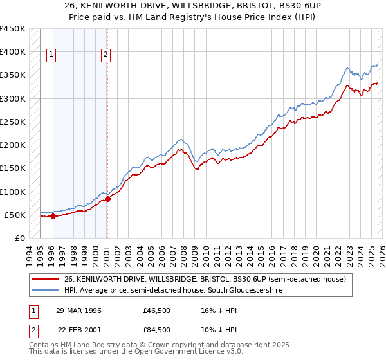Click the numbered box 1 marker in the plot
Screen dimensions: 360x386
point(51,55)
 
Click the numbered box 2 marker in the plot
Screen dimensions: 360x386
point(106,55)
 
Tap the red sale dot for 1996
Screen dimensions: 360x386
point(53,216)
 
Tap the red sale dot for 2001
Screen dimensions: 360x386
point(107,199)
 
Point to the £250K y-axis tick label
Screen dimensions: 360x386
point(13,122)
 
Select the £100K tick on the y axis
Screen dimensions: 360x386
point(13,192)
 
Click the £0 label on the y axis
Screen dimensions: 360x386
point(19,238)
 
